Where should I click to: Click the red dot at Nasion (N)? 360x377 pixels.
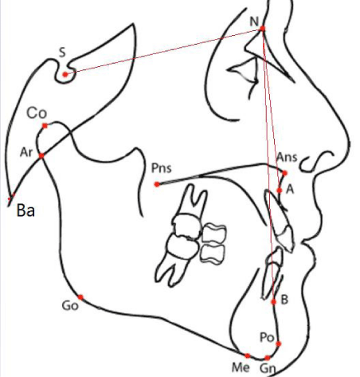pyautogui.click(x=262, y=29)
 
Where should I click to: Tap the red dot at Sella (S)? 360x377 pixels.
pyautogui.click(x=65, y=75)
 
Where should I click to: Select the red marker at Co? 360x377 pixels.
pyautogui.click(x=45, y=126)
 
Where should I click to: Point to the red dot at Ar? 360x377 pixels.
pyautogui.click(x=41, y=155)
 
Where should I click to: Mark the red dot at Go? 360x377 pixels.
pyautogui.click(x=80, y=297)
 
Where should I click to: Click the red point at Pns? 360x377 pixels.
pyautogui.click(x=157, y=184)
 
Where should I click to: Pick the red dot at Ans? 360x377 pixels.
pyautogui.click(x=284, y=173)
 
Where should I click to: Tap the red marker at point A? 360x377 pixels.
pyautogui.click(x=280, y=190)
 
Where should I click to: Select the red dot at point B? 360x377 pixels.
pyautogui.click(x=274, y=301)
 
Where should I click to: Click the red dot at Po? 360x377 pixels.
pyautogui.click(x=278, y=344)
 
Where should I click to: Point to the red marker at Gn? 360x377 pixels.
pyautogui.click(x=268, y=358)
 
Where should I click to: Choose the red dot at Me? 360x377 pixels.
pyautogui.click(x=248, y=355)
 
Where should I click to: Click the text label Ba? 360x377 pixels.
pyautogui.click(x=25, y=210)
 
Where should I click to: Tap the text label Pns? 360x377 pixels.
pyautogui.click(x=162, y=168)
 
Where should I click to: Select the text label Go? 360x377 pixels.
pyautogui.click(x=70, y=306)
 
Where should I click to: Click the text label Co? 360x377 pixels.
pyautogui.click(x=37, y=113)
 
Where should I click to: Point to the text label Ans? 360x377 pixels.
pyautogui.click(x=287, y=157)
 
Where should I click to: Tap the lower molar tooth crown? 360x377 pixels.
pyautogui.click(x=182, y=246)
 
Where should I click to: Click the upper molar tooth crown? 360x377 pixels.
pyautogui.click(x=187, y=226)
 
